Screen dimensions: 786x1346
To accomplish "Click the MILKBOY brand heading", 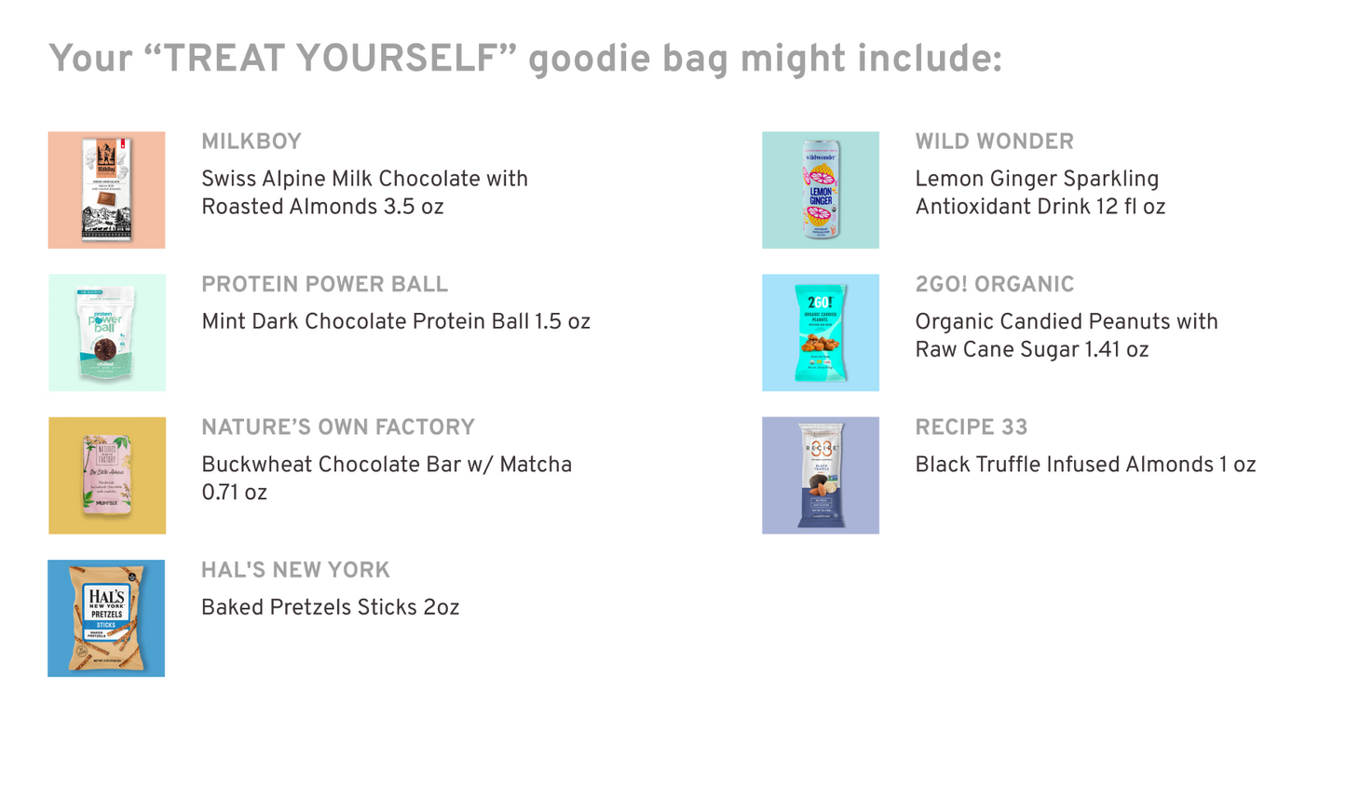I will pos(252,142).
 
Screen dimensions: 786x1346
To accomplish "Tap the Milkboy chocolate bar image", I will pos(106,190).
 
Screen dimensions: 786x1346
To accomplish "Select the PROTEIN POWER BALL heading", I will pos(324,284).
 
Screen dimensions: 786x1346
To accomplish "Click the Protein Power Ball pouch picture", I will pos(106,332).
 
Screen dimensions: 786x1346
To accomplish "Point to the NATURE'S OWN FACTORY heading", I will pos(338,427).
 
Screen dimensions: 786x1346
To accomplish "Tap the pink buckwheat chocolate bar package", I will pos(107,475).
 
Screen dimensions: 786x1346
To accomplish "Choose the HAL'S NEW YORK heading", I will pos(295,570).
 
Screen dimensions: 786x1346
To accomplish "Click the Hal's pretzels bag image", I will pos(106,617).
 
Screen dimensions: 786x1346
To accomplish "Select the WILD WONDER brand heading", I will pos(994,142).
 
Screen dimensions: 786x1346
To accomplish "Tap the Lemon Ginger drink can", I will pos(821,190).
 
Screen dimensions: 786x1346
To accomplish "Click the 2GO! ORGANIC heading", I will pos(994,284).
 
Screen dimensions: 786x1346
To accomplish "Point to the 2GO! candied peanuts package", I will pos(821,332).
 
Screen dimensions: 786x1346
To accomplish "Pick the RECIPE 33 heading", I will pos(971,427).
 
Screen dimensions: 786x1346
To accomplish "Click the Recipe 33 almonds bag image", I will pos(821,475).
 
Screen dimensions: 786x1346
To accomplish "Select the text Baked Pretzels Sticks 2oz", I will pos(330,608).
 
